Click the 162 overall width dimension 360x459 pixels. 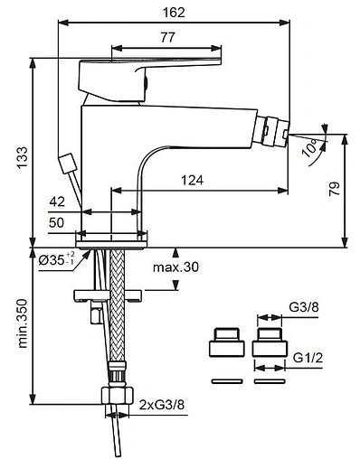[174, 13]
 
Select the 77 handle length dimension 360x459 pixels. [167, 37]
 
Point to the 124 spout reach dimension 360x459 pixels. [192, 180]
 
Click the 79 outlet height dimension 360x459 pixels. [335, 189]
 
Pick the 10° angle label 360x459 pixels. [309, 147]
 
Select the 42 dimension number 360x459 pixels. [57, 201]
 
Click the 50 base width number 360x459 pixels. [57, 222]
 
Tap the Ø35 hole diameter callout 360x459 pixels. [56, 259]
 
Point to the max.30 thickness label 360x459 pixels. [175, 267]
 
